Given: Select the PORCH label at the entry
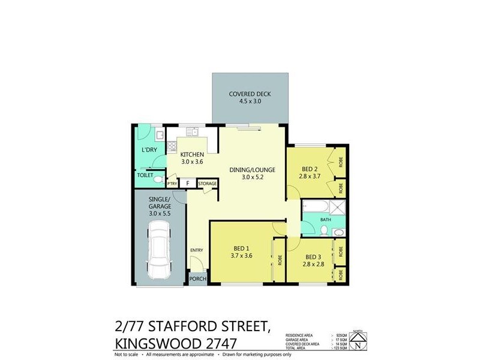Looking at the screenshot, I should coord(197,279).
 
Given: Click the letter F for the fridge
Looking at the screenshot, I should coord(188,184).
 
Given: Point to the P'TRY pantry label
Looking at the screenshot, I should coord(172,184).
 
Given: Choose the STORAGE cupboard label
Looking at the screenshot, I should coord(208,184).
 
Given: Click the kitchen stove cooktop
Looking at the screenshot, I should coord(172,145).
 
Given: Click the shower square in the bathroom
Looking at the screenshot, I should coord(338,208).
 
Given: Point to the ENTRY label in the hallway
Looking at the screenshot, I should coord(196,250).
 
